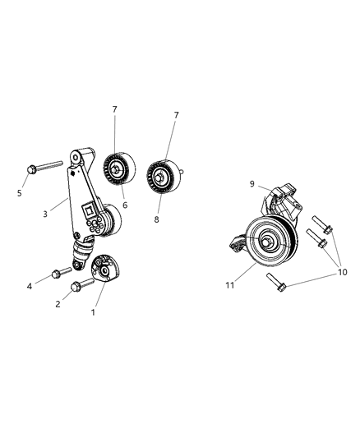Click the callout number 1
coord(93,312)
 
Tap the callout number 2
coord(58,304)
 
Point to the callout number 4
coord(29,286)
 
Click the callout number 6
coord(125,205)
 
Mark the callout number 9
coord(229,184)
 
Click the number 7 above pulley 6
coord(114,108)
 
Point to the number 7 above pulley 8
coord(175,115)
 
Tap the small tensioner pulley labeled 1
coord(105,270)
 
